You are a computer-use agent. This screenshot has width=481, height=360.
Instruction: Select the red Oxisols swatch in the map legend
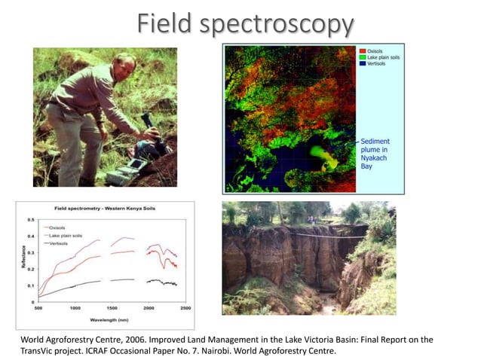(360, 51)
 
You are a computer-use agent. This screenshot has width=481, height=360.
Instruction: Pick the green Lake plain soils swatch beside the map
(360, 58)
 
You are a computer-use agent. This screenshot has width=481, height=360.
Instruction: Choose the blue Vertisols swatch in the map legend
(360, 65)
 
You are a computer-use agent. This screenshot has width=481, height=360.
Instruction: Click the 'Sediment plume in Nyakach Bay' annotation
(376, 154)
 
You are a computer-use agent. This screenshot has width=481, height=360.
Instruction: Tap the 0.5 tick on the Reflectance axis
(30, 220)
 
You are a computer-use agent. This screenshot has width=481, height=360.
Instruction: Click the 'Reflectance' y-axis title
(21, 260)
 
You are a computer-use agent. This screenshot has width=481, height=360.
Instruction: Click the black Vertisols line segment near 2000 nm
(154, 281)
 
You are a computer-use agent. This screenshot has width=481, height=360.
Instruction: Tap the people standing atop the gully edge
(311, 220)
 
